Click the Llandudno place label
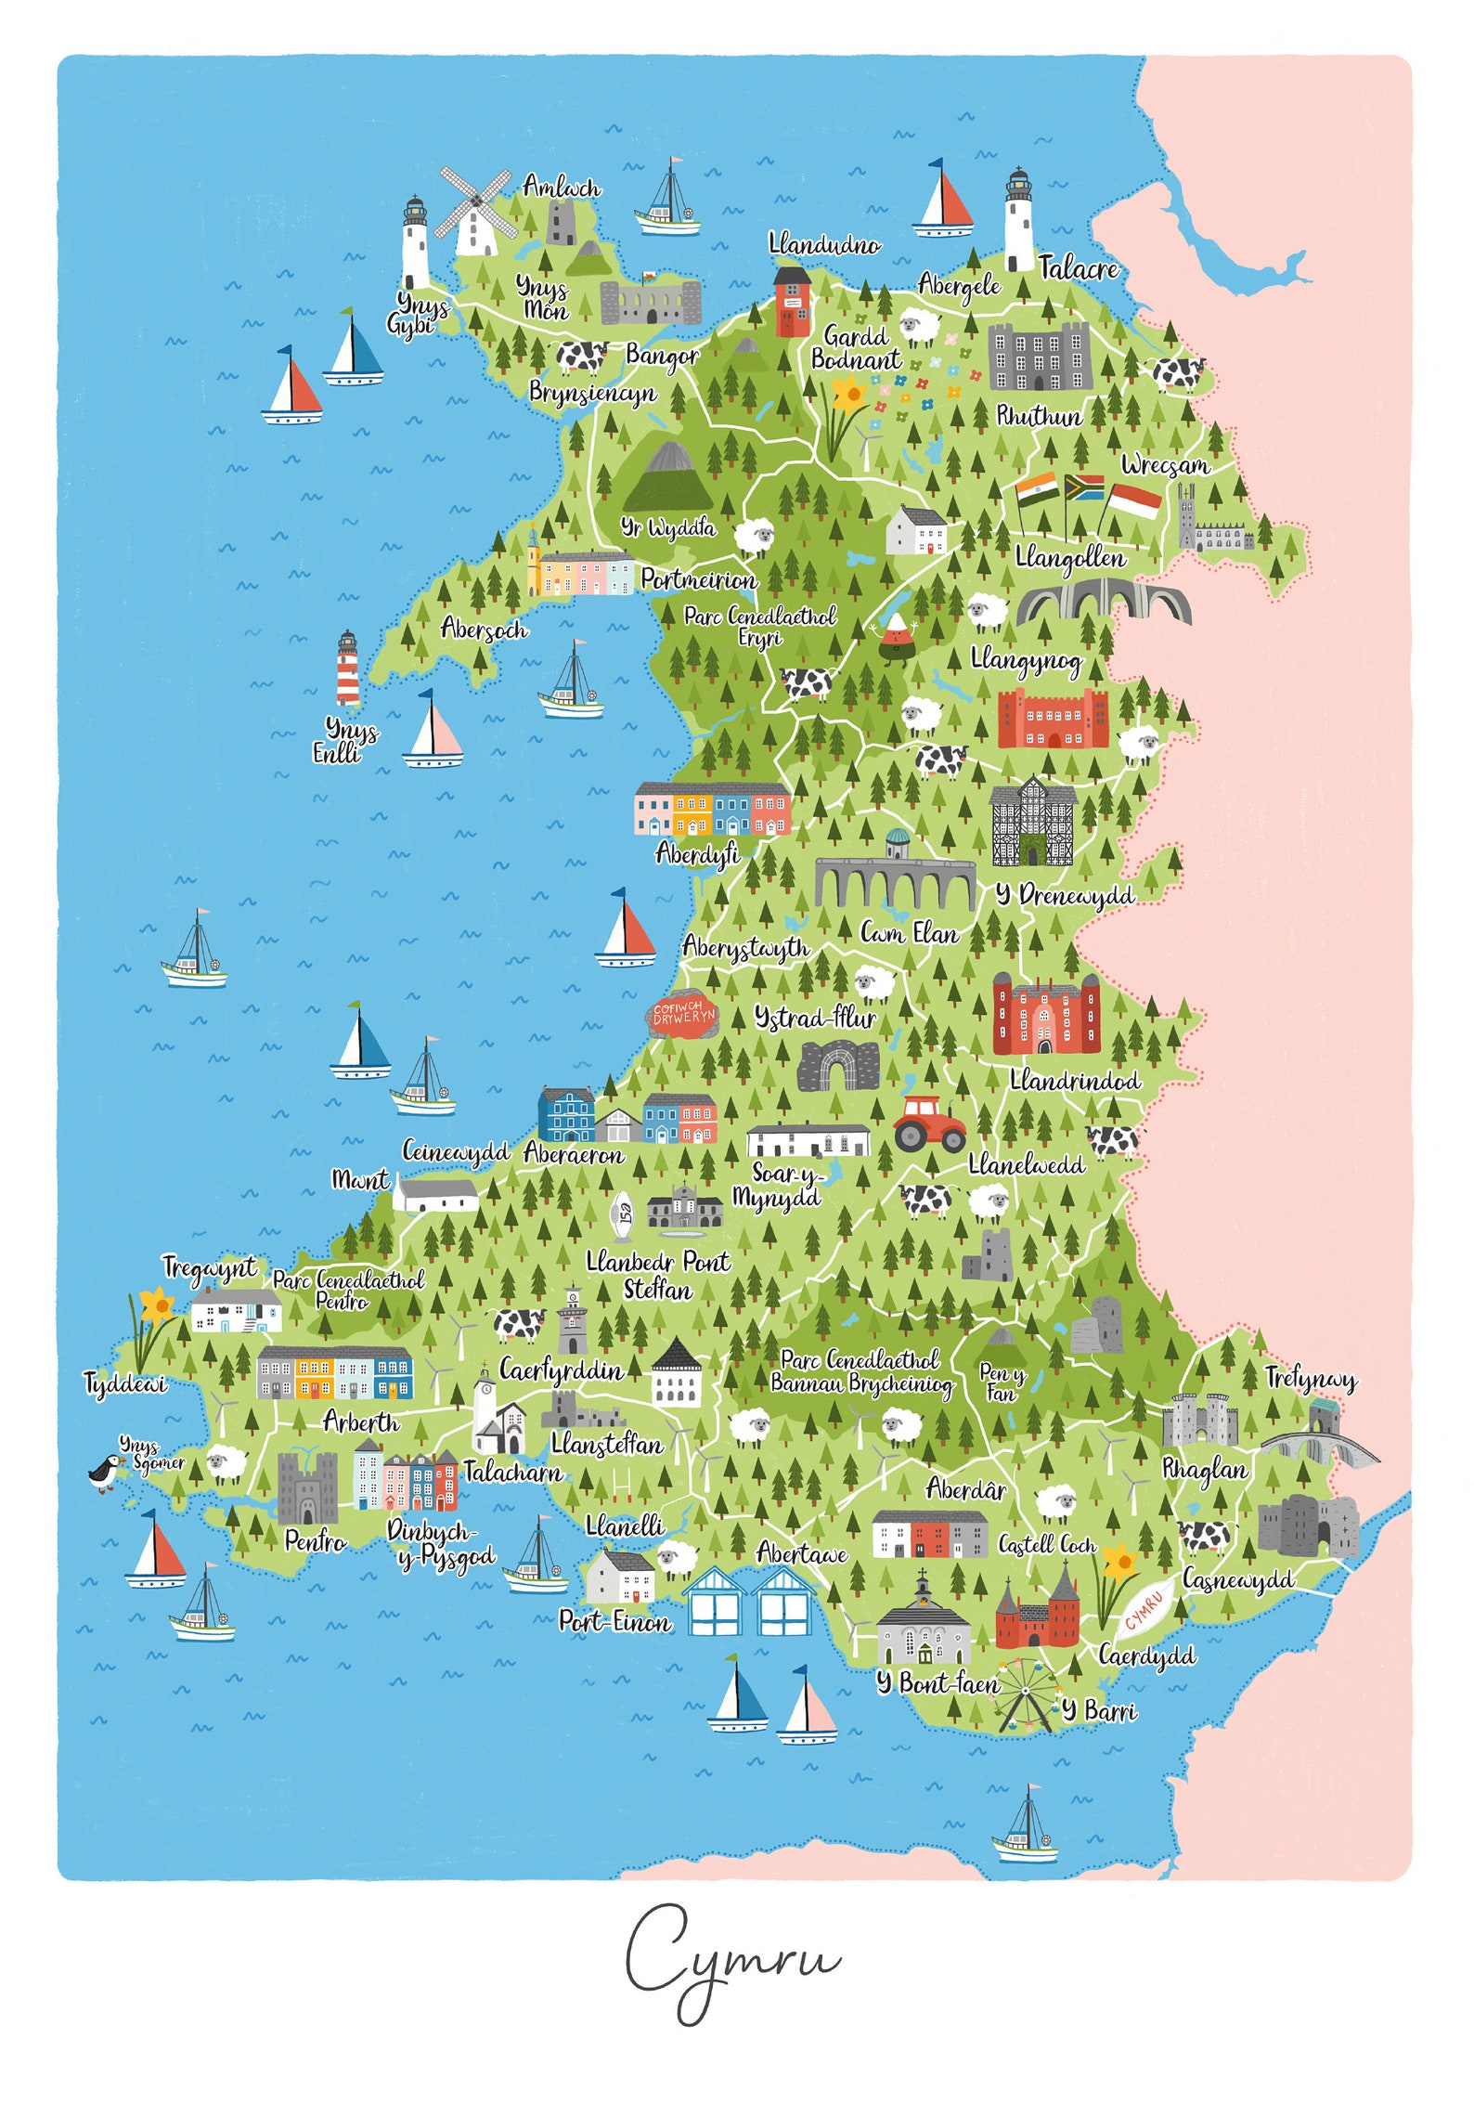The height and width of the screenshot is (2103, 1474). point(824,245)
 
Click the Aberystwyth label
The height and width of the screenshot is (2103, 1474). point(745,948)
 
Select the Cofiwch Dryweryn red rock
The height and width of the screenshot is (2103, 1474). point(683,1015)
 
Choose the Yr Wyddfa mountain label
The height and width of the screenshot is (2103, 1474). point(668,528)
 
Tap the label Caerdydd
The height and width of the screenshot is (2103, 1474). point(1146,1655)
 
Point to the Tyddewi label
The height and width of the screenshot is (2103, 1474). point(126,1384)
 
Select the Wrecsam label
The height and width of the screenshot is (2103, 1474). point(1165,464)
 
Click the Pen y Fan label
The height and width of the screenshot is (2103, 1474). point(1002,1383)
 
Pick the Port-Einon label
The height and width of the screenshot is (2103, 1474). point(614,1622)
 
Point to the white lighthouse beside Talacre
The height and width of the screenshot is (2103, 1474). point(1018,221)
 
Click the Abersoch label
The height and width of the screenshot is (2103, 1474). point(484,630)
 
